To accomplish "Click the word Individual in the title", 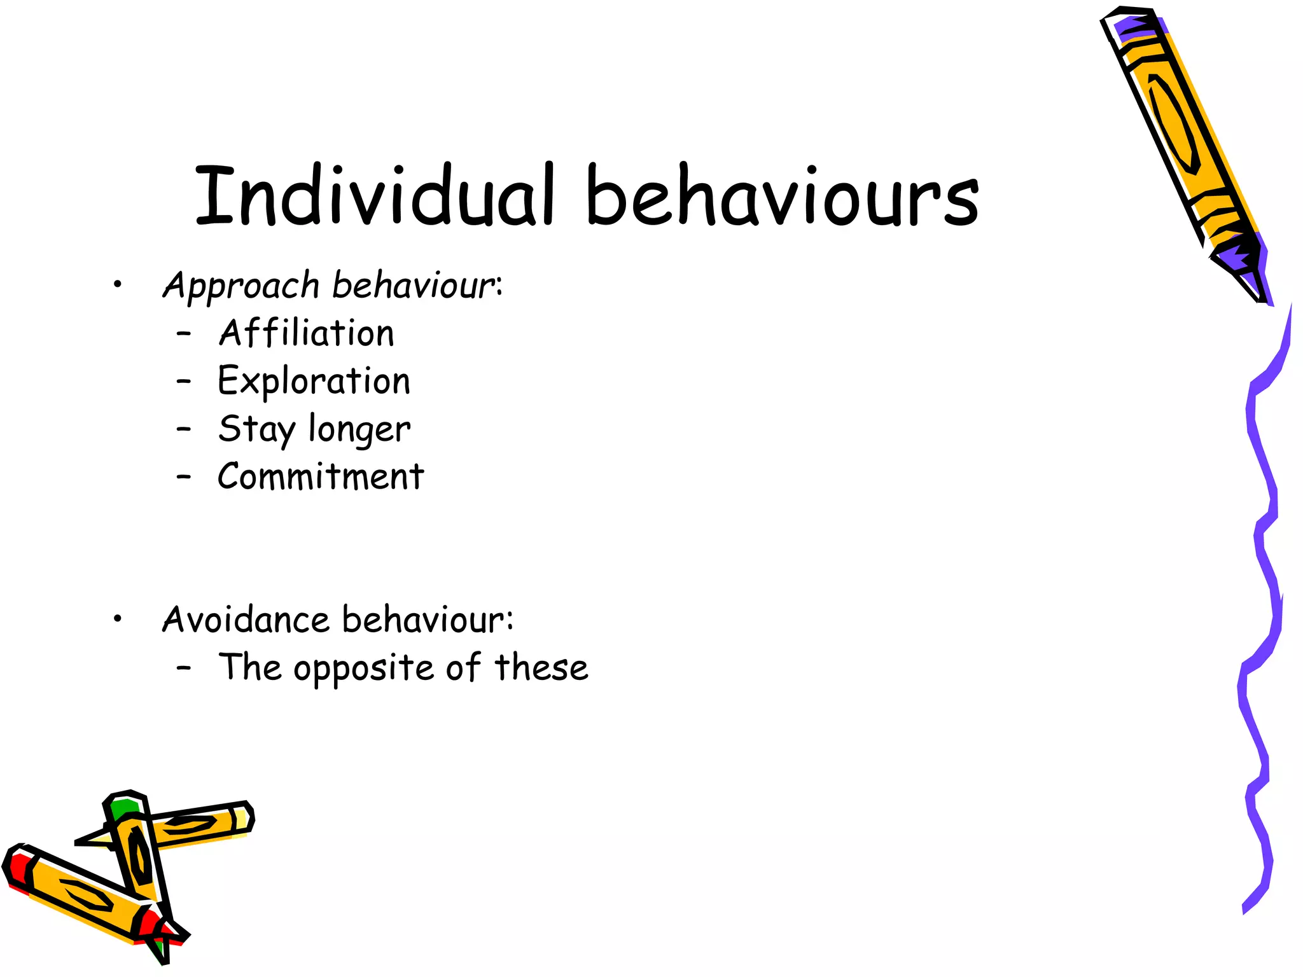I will (x=376, y=195).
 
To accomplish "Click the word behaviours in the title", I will (x=782, y=195).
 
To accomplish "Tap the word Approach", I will (x=240, y=286).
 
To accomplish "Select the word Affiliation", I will (x=306, y=333).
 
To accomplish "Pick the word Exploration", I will (x=314, y=382).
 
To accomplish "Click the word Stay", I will (x=256, y=429).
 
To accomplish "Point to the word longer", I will (x=359, y=431).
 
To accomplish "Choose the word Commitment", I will (x=321, y=476).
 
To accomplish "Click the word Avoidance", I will (x=246, y=620).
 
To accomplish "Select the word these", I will (x=541, y=668).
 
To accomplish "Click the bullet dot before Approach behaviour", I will (x=116, y=286).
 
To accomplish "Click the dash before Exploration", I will (x=184, y=382).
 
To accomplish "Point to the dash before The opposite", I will (x=184, y=668).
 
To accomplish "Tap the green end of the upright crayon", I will (x=122, y=809).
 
